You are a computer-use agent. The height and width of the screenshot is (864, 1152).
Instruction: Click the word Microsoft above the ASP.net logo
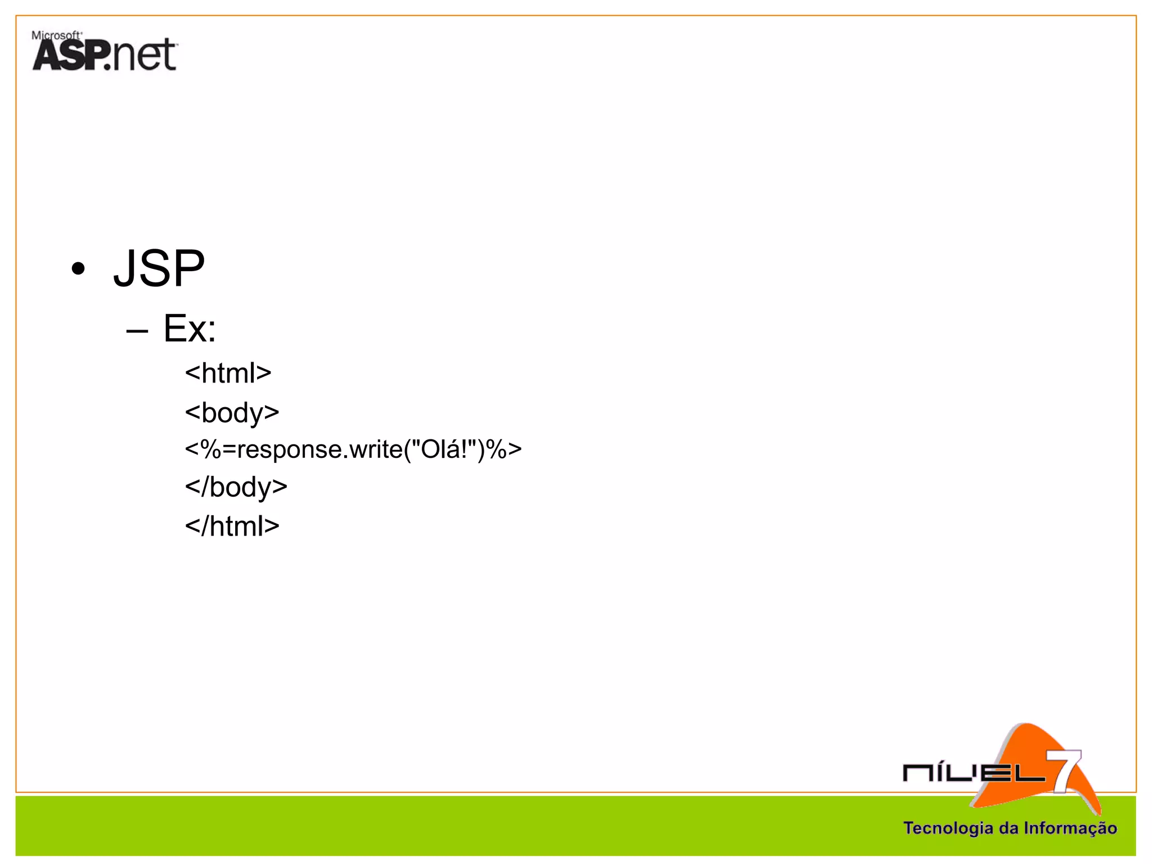(x=56, y=35)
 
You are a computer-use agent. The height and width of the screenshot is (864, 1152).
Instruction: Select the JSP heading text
(x=159, y=268)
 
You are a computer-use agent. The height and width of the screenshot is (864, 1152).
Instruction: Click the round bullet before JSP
(x=78, y=269)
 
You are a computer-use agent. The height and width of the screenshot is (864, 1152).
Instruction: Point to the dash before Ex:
(x=137, y=331)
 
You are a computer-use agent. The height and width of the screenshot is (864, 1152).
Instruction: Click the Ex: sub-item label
(x=190, y=328)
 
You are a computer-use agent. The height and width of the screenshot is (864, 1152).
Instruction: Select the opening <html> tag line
(x=228, y=373)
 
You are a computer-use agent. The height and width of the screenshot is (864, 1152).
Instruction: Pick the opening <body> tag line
(x=232, y=413)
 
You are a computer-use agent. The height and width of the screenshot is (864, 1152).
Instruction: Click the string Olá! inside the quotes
(x=444, y=449)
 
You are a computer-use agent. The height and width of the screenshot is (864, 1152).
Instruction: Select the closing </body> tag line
(x=236, y=487)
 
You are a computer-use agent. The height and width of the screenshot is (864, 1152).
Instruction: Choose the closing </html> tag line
(x=232, y=526)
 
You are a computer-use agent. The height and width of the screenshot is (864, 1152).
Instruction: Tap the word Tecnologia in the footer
(x=948, y=828)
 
